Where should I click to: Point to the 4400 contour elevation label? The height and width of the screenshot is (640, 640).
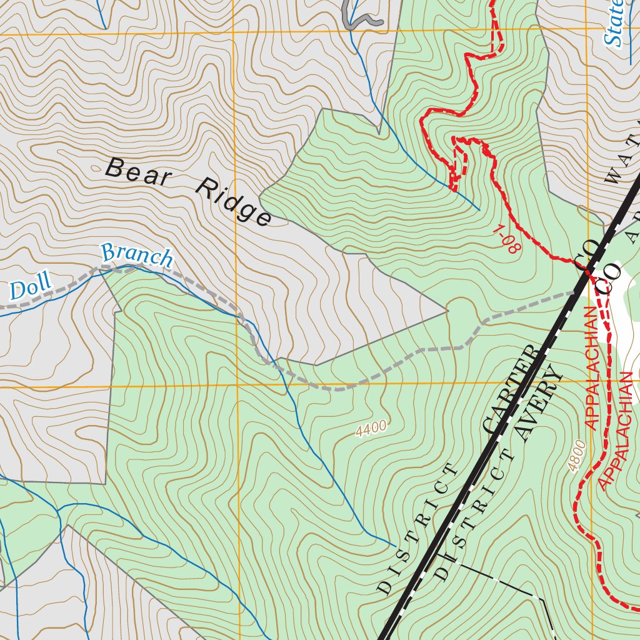click(x=371, y=429)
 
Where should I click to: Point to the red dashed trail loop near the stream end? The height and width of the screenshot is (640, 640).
click(x=460, y=160)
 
